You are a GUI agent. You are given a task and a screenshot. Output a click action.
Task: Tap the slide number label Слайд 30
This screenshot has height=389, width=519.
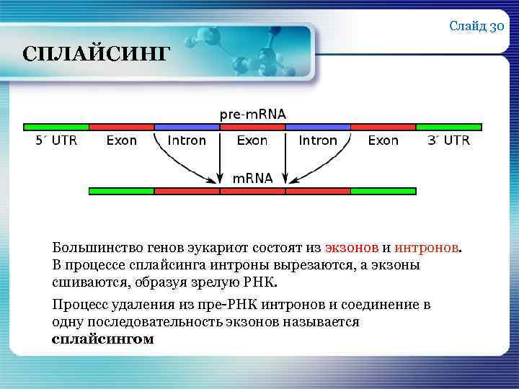click(x=476, y=27)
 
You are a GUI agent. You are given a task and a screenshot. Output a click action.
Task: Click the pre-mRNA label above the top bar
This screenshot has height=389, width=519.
click(x=252, y=114)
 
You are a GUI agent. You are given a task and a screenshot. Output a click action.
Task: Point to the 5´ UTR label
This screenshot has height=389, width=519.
click(x=56, y=140)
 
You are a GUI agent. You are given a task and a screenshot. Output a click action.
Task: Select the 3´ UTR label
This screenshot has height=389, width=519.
click(x=448, y=140)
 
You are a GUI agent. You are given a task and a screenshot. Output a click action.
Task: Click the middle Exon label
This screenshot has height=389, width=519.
click(x=252, y=140)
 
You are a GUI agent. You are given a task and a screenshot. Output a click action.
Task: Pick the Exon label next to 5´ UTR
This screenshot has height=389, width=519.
click(x=121, y=140)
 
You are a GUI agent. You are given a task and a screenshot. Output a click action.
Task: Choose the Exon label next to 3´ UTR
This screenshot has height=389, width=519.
click(x=383, y=140)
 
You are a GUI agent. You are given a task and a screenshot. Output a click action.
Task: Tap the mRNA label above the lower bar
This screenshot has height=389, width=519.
click(x=252, y=178)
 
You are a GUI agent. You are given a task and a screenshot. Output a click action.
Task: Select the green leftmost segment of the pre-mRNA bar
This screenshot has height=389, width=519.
click(x=56, y=127)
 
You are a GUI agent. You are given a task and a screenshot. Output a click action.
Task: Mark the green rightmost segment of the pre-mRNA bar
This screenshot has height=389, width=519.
click(x=448, y=127)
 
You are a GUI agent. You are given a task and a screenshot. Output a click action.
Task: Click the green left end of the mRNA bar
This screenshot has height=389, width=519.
click(x=121, y=192)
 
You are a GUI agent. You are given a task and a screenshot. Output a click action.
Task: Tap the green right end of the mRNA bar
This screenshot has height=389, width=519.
click(x=383, y=192)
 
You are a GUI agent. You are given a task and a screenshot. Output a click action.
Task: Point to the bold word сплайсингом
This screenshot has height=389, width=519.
click(x=102, y=339)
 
